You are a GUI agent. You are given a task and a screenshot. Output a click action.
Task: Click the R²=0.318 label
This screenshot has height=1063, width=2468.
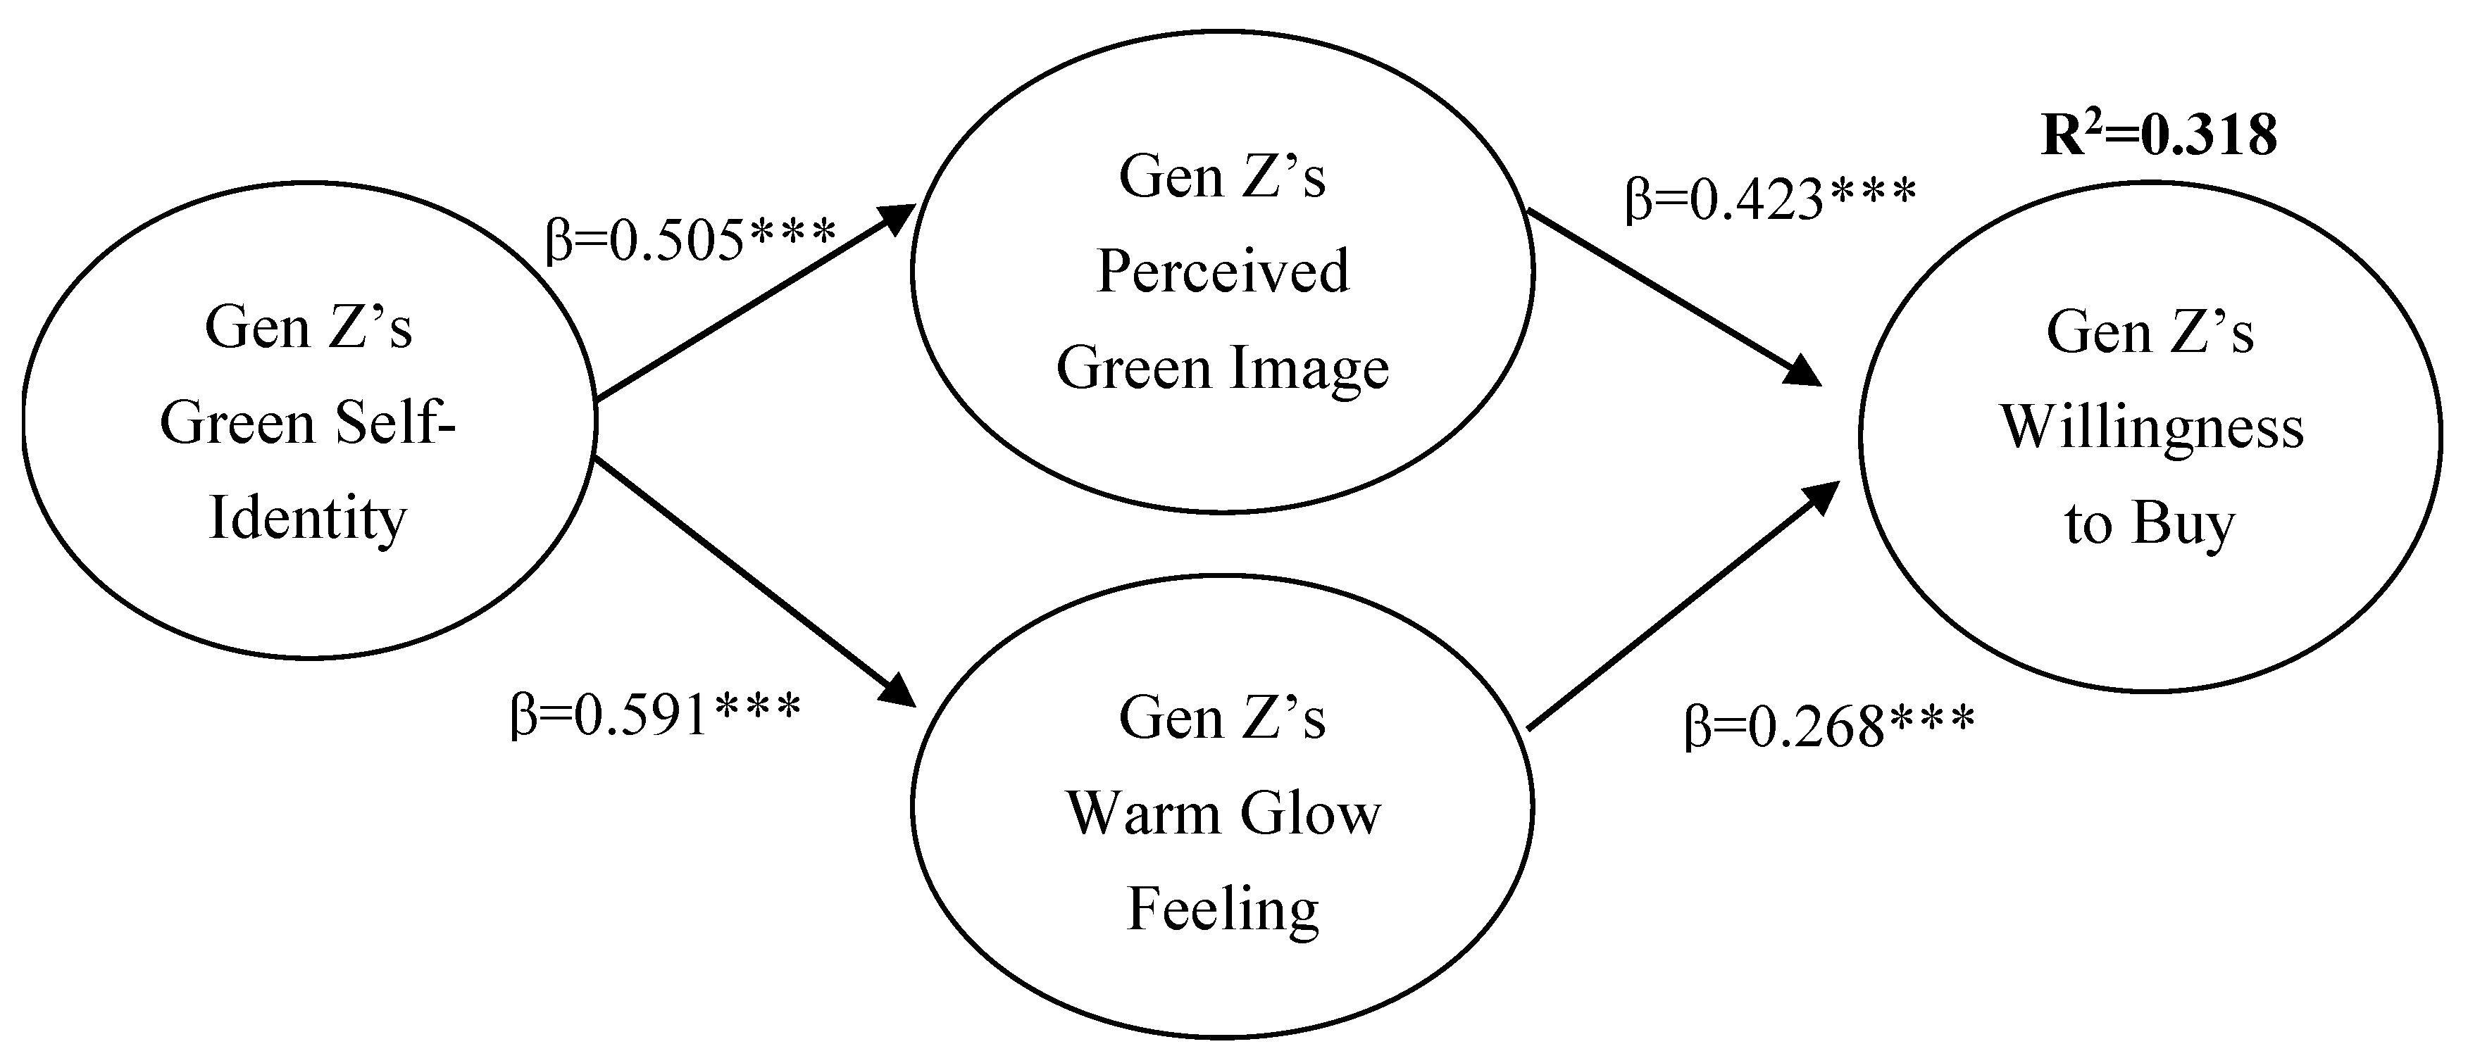pos(2157,135)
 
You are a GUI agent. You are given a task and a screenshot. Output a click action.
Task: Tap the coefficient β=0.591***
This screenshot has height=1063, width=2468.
pos(655,713)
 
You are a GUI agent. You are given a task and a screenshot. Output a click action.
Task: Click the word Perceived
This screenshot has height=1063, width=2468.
pos(1223,271)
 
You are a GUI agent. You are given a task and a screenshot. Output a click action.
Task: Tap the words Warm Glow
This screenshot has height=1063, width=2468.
pos(1223,814)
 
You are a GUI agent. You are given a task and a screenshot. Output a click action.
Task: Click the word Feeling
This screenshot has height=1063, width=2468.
pos(1223,910)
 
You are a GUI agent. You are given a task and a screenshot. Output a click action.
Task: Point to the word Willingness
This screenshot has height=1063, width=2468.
pos(2151,427)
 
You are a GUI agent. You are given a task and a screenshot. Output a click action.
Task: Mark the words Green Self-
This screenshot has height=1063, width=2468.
pos(308,423)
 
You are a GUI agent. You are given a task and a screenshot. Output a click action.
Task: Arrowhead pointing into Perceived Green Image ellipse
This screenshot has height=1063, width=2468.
pos(899,218)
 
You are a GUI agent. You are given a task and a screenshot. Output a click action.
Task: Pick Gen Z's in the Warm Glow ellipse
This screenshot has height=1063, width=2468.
pos(1223,718)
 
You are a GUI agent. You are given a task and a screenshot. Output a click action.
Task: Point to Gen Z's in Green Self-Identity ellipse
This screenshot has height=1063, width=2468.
pos(308,327)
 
